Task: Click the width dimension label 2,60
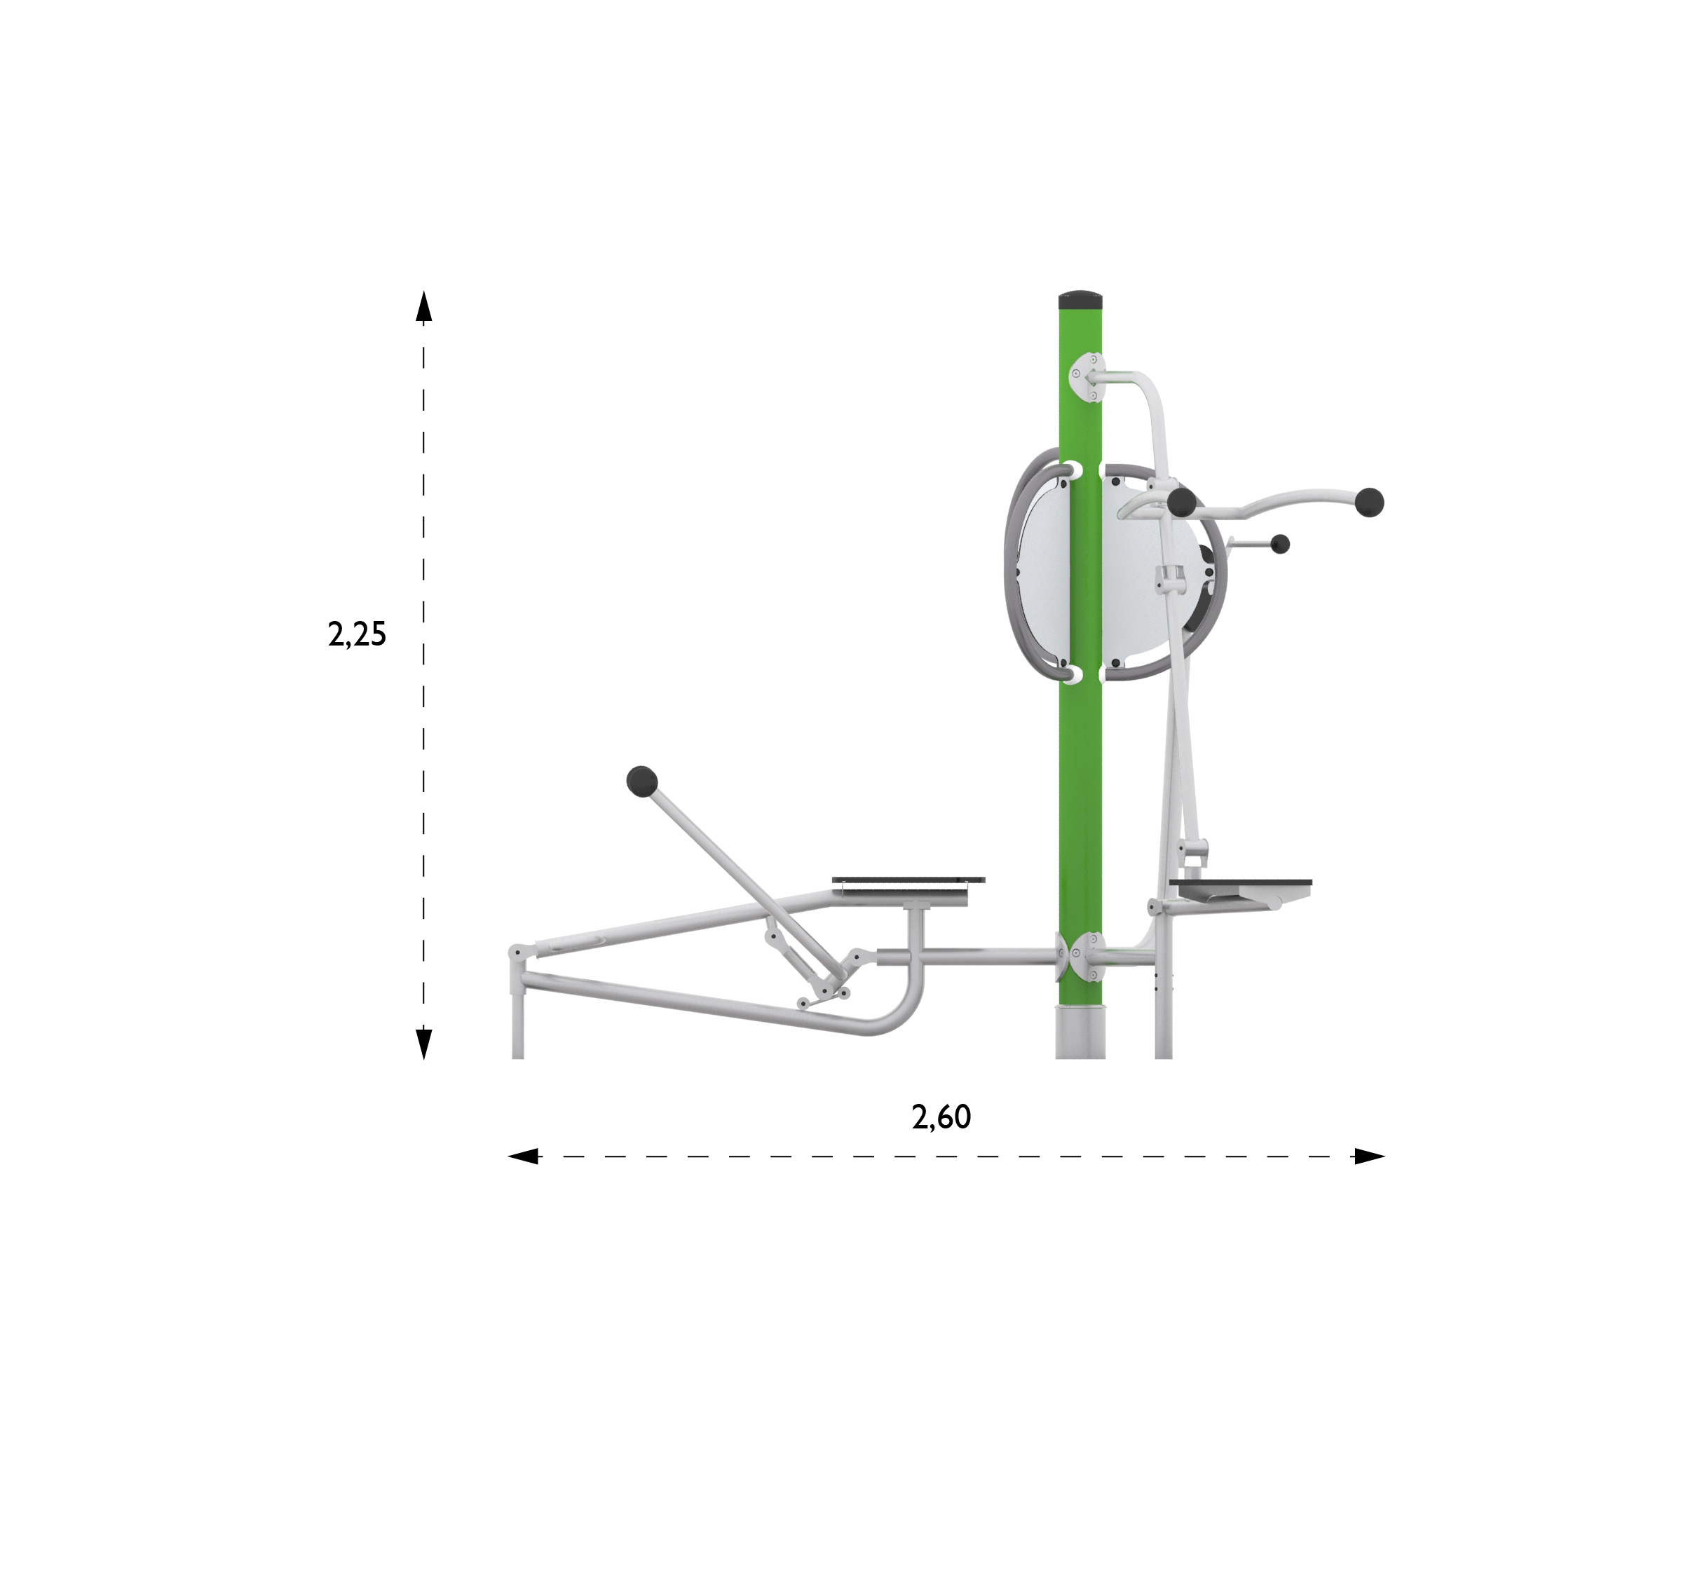click(x=941, y=1117)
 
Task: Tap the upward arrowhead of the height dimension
click(x=423, y=306)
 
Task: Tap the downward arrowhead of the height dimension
click(x=423, y=1044)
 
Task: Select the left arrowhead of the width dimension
click(x=523, y=1156)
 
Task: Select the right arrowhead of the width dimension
click(x=1370, y=1156)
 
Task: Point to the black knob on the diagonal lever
click(x=642, y=781)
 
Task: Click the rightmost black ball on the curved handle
click(x=1370, y=503)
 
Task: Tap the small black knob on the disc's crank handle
click(x=1281, y=544)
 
